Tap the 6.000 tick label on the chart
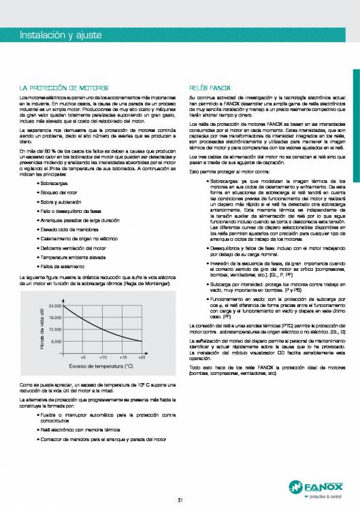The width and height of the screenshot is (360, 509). [x=57, y=340]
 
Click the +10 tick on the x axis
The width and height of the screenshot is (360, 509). [x=103, y=356]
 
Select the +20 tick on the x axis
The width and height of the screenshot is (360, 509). [x=142, y=356]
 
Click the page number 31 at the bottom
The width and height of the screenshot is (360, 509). [x=180, y=482]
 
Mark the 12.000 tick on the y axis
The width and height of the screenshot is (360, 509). [x=56, y=329]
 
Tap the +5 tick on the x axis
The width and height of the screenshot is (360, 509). [x=83, y=356]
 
